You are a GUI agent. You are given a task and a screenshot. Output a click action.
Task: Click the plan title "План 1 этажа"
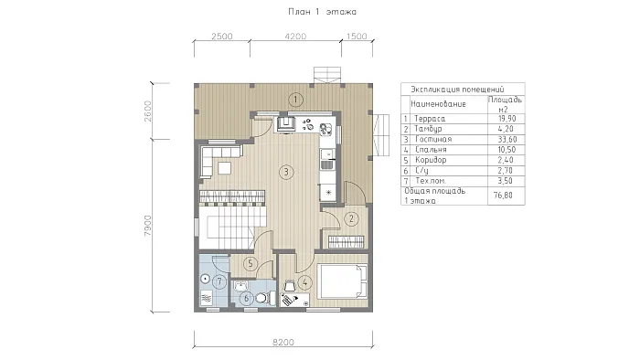coord(322,12)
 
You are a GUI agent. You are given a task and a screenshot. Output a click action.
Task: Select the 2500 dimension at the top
coord(222,37)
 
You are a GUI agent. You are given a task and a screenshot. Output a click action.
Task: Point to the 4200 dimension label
coord(295,37)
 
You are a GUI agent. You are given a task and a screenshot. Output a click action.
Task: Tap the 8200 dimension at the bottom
coord(283,342)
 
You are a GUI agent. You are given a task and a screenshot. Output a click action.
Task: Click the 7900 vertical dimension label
coord(148,226)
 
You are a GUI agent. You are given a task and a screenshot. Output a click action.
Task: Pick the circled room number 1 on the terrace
coord(295,100)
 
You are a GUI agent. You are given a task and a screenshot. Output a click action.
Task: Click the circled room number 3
coord(286,172)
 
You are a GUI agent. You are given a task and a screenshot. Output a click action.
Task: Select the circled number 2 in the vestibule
coord(352,219)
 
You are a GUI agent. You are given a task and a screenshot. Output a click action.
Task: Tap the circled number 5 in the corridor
coord(251,264)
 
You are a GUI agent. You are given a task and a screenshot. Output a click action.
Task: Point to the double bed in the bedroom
coord(343,281)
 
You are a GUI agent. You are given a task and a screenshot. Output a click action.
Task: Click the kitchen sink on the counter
coord(327,164)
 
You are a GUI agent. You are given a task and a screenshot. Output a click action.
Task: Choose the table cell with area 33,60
coord(507,140)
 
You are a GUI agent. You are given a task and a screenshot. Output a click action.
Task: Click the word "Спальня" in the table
coord(431,150)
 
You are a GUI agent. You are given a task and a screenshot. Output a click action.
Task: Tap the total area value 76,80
coord(503,196)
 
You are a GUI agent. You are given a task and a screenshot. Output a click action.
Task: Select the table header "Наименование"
coord(438,104)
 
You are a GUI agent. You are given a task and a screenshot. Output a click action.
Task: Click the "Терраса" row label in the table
coord(430,119)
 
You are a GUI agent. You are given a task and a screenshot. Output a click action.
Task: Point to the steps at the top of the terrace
coord(326,75)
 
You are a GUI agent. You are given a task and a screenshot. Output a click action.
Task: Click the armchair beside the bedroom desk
coord(290,285)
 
